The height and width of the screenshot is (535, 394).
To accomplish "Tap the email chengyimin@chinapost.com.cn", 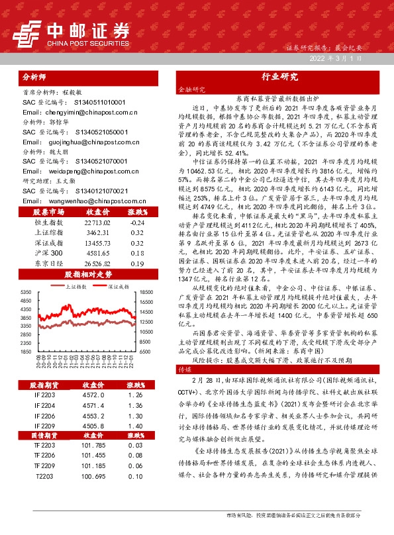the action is (x=80, y=113).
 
